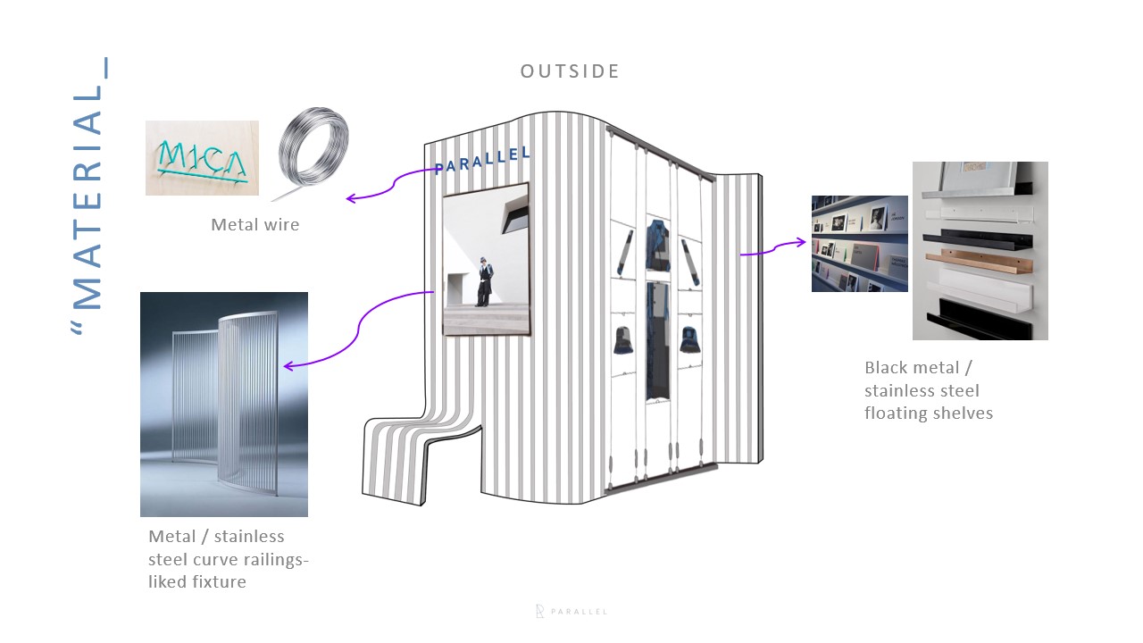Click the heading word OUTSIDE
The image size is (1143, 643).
570,71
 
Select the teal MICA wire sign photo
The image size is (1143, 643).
202,158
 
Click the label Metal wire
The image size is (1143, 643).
254,225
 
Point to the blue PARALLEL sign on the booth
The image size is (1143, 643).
483,160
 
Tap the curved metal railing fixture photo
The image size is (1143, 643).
224,404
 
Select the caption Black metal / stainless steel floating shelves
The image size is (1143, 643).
928,390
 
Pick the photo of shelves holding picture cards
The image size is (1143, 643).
859,243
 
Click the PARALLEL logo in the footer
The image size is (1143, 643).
571,612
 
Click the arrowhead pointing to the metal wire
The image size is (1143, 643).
351,198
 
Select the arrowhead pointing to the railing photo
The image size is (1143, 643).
288,365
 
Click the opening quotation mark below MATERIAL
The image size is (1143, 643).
79,329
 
